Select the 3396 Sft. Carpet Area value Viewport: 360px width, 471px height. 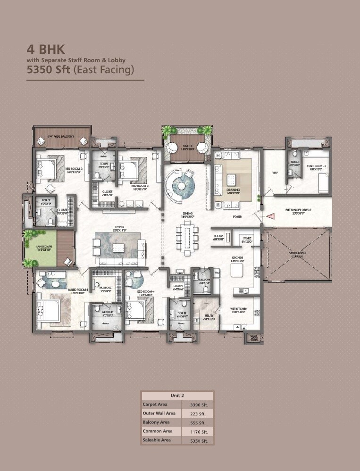point(199,405)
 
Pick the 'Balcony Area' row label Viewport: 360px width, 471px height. point(156,422)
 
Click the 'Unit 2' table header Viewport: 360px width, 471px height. point(177,396)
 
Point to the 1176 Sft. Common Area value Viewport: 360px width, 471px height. point(199,431)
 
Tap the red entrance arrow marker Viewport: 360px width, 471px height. point(271,216)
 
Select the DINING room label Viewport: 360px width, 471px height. point(188,215)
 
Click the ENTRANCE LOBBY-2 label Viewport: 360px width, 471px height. point(297,211)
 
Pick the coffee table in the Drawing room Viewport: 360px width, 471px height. point(231,180)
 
